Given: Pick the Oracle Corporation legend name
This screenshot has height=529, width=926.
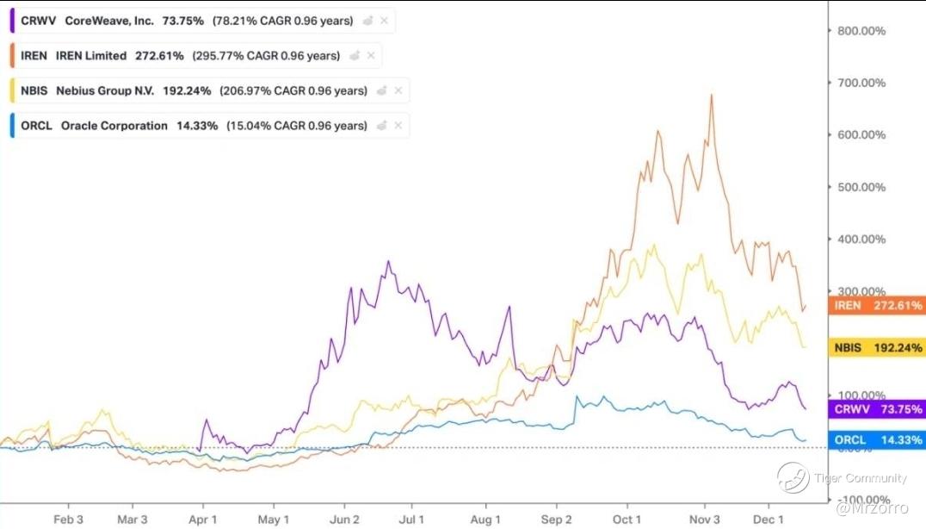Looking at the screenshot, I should tap(114, 126).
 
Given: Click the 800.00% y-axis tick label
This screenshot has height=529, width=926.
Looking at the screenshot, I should tap(862, 31).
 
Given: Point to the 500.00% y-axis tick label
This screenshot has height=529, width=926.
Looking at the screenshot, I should tap(862, 187).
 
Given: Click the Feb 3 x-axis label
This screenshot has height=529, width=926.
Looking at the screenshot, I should tap(69, 520).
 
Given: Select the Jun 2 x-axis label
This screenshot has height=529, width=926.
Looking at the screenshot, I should tap(344, 520).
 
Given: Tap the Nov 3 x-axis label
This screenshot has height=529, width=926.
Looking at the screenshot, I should tap(705, 520).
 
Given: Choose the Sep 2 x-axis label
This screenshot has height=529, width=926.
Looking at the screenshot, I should tap(557, 520).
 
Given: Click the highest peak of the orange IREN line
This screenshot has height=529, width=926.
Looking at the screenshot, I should tap(712, 95).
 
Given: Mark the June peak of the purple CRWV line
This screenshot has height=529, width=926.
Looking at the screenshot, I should tap(388, 262).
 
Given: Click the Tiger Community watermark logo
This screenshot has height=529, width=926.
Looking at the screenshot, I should tap(793, 478).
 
